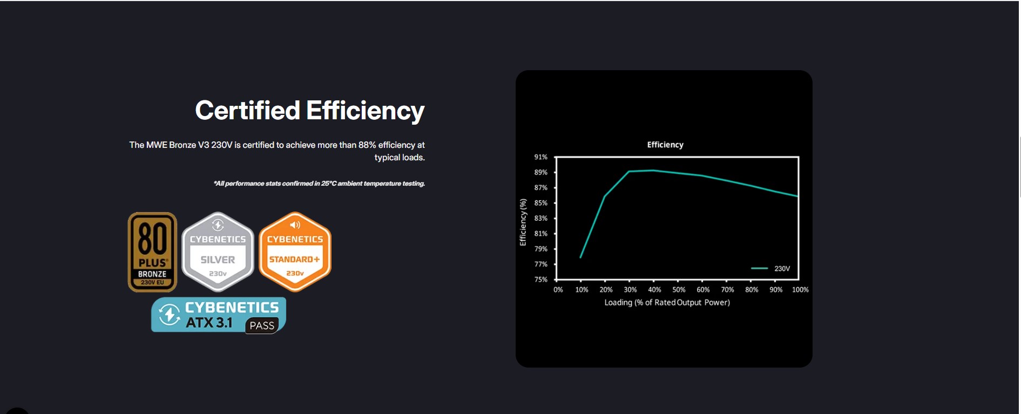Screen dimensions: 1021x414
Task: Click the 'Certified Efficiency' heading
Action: tap(310, 111)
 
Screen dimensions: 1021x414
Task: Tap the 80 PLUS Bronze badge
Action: tap(152, 252)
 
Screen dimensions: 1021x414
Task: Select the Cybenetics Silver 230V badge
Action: tap(218, 252)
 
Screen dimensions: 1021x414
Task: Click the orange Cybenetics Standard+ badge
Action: tap(295, 252)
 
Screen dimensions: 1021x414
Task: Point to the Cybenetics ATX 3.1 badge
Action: tap(219, 315)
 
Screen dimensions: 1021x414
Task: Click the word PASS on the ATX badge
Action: tap(262, 325)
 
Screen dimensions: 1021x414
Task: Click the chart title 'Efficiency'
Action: tap(665, 145)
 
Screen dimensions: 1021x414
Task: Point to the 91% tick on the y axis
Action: tap(541, 157)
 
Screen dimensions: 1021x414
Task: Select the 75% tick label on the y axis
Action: tap(541, 280)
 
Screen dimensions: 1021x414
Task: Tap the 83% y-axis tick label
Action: tap(541, 218)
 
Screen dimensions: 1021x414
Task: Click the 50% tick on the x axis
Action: tap(679, 290)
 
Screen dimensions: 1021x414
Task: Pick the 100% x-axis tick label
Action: tap(800, 290)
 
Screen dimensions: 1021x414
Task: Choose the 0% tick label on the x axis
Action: tap(558, 290)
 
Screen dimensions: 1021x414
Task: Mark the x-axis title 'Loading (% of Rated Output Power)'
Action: tap(667, 302)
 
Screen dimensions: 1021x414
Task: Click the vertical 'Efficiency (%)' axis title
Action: tap(523, 222)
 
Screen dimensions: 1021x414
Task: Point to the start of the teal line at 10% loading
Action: tap(580, 257)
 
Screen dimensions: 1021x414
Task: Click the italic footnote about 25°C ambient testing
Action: tap(319, 184)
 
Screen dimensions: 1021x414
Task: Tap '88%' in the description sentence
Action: tap(367, 145)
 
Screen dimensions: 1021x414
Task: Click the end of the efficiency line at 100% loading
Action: tap(798, 196)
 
